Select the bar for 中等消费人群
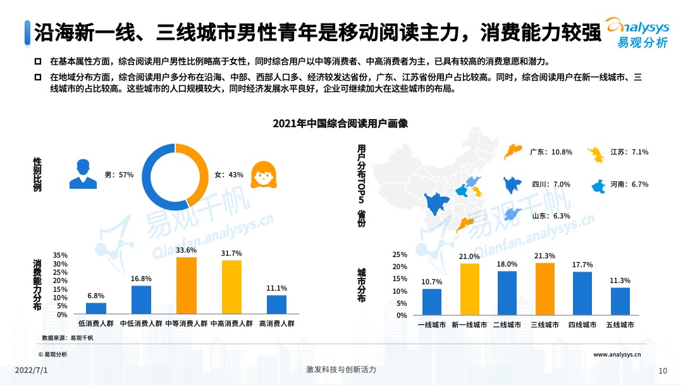[x=187, y=286]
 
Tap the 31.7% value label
[x=231, y=253]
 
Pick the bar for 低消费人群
[x=96, y=308]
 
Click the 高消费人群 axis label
[x=277, y=324]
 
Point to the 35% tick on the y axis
[x=61, y=256]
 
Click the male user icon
[x=83, y=174]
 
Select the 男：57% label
[x=119, y=174]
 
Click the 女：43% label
[x=228, y=174]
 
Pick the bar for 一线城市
[x=432, y=302]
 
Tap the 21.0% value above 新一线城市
[x=470, y=256]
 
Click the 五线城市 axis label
[x=620, y=324]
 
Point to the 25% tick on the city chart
[x=401, y=255]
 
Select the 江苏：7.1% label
[x=629, y=152]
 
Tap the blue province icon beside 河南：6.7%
[x=598, y=186]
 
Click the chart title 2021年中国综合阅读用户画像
[x=340, y=123]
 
